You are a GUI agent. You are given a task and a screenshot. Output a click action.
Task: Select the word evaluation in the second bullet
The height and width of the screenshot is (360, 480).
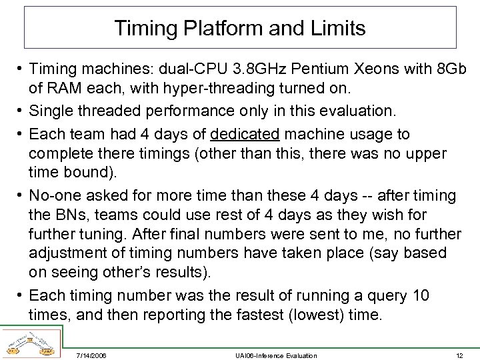coord(354,111)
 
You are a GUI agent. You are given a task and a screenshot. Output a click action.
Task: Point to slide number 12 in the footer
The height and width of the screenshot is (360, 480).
coord(459,355)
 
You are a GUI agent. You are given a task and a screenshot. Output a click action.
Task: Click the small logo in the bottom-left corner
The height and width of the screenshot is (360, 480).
coord(31,343)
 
